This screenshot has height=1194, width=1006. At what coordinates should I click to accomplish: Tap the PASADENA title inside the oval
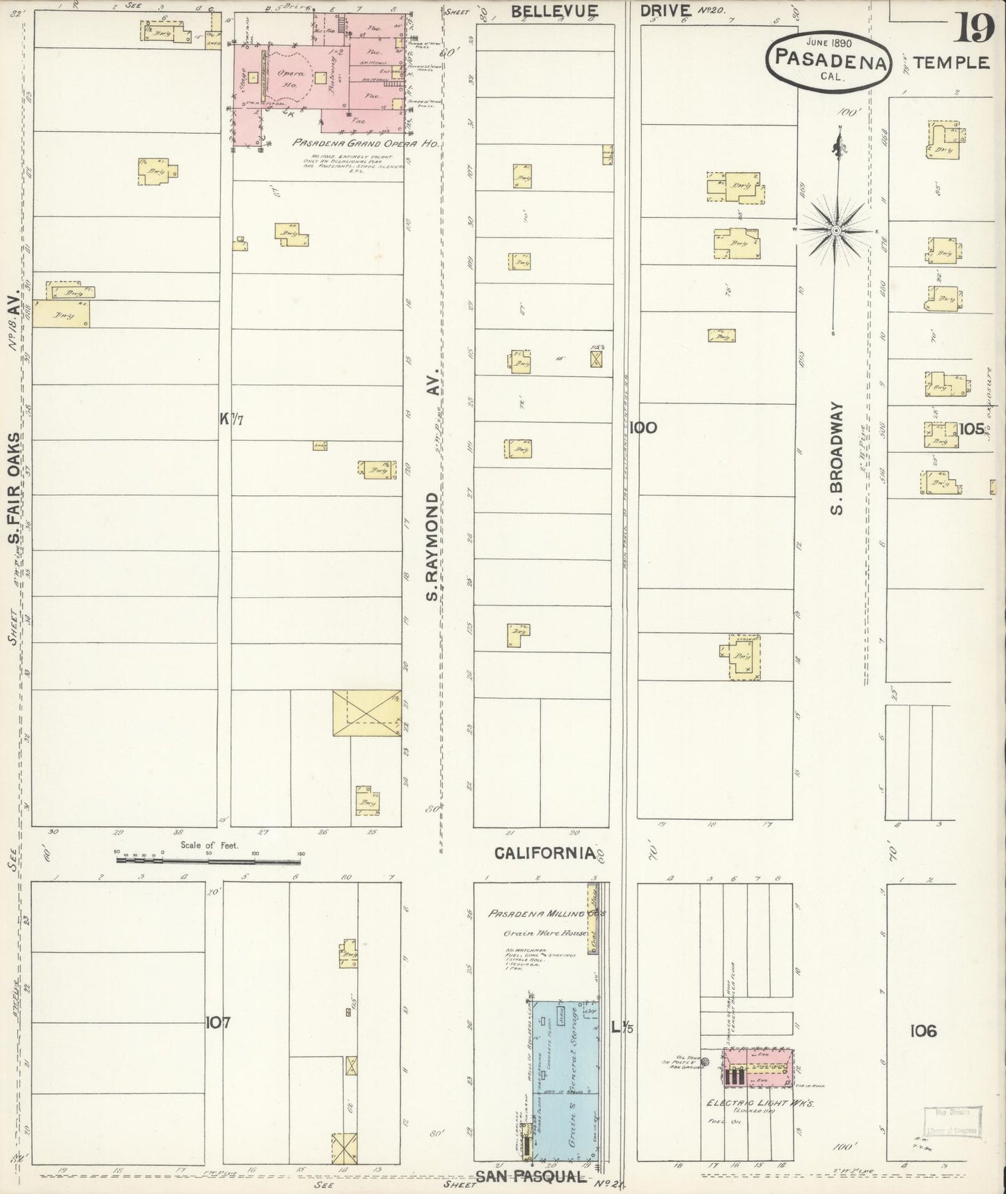pyautogui.click(x=828, y=63)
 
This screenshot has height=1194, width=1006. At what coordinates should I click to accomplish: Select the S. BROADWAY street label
pyautogui.click(x=837, y=457)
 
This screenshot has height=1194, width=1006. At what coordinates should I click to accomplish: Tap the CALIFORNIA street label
pyautogui.click(x=544, y=853)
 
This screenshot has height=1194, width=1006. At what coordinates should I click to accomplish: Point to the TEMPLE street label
pyautogui.click(x=951, y=63)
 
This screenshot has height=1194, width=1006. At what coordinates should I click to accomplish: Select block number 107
pyautogui.click(x=218, y=1023)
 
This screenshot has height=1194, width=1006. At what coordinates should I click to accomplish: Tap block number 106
pyautogui.click(x=922, y=1030)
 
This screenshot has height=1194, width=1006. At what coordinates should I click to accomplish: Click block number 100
pyautogui.click(x=642, y=428)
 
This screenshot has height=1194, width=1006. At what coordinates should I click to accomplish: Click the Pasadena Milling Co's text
pyautogui.click(x=547, y=913)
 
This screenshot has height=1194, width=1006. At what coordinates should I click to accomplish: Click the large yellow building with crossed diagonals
pyautogui.click(x=366, y=713)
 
